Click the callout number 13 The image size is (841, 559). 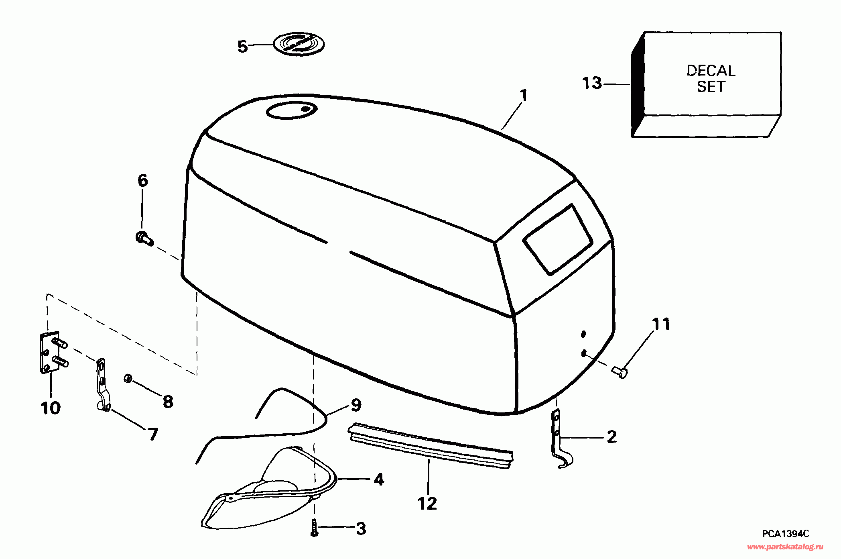(x=592, y=84)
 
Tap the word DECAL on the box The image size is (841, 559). (x=711, y=71)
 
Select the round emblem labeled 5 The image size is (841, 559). (x=299, y=44)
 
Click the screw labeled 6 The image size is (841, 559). (x=144, y=238)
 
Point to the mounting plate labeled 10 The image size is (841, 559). (x=50, y=353)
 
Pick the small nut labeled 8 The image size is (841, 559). (x=128, y=379)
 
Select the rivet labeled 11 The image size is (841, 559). (x=620, y=372)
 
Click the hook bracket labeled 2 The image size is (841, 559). (x=561, y=440)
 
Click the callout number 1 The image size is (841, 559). (x=523, y=96)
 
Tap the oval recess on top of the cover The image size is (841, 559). (x=292, y=110)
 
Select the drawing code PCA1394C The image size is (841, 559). (x=785, y=534)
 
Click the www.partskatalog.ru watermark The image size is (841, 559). (x=785, y=547)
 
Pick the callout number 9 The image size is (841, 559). (x=356, y=405)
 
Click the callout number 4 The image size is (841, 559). (x=378, y=479)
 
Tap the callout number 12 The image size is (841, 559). (x=427, y=503)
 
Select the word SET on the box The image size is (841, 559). (x=711, y=87)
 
